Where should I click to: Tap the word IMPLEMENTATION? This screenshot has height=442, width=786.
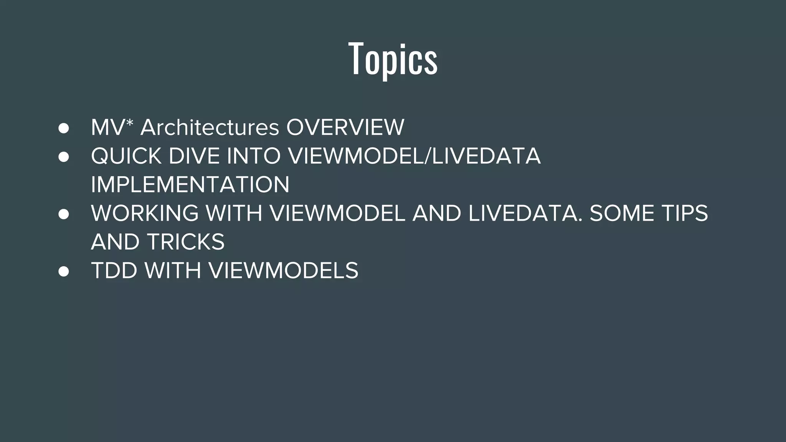pyautogui.click(x=190, y=185)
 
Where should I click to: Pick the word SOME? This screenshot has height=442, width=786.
pyautogui.click(x=622, y=213)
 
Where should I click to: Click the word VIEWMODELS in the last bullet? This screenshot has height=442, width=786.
pyautogui.click(x=283, y=270)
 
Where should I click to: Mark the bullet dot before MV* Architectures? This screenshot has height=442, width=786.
pyautogui.click(x=64, y=128)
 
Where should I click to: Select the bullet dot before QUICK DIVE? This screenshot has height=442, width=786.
pyautogui.click(x=64, y=157)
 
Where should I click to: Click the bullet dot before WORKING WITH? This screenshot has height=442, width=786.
pyautogui.click(x=64, y=214)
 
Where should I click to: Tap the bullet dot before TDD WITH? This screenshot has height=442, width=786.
pyautogui.click(x=64, y=272)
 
